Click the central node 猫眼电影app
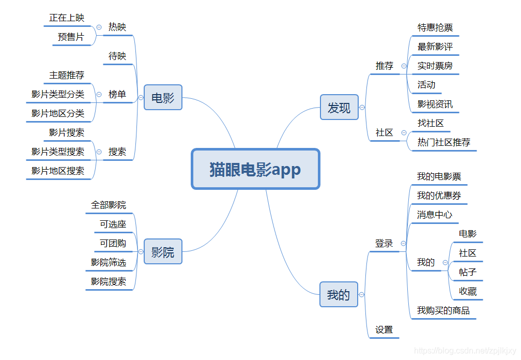click(255, 169)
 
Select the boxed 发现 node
click(339, 108)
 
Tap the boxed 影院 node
click(163, 252)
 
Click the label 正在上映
click(67, 18)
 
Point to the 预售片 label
click(71, 37)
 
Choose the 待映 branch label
click(117, 56)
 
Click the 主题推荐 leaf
click(67, 75)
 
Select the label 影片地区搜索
click(58, 171)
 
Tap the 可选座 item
click(113, 224)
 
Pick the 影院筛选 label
click(109, 262)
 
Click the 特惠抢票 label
click(435, 27)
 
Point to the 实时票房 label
click(435, 66)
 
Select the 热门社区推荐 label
click(444, 142)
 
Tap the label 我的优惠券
click(439, 196)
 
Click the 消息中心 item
click(435, 215)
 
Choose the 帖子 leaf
click(468, 272)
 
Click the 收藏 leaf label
click(468, 291)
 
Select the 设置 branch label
click(384, 329)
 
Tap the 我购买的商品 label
click(443, 310)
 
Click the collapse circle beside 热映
click(99, 27)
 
